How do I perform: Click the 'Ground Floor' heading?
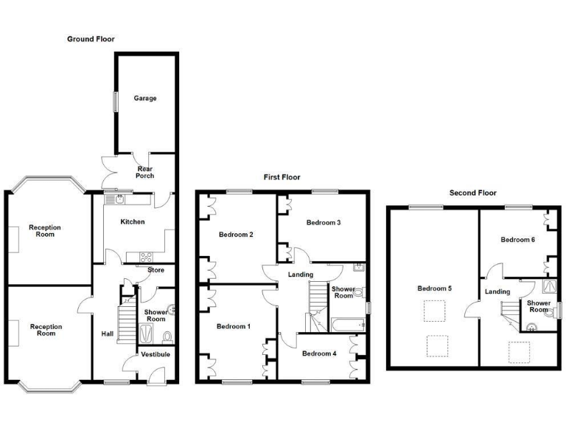pos(91,38)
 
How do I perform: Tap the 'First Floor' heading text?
pos(282,177)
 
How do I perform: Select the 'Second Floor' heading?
pos(473,193)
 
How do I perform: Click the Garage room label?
pos(144,98)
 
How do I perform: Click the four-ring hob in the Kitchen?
pos(145,257)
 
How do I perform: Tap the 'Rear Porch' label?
pos(144,172)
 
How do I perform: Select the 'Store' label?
pos(156,270)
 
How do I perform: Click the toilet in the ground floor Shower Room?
pos(167,336)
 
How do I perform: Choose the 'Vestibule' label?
pos(156,354)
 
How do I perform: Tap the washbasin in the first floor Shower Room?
pos(357,267)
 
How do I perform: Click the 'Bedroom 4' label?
pos(319,353)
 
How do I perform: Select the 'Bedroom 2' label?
pos(236,235)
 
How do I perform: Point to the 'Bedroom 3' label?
pos(324,222)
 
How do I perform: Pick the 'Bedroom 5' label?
pos(434,288)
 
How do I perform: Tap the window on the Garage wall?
pos(113,102)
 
